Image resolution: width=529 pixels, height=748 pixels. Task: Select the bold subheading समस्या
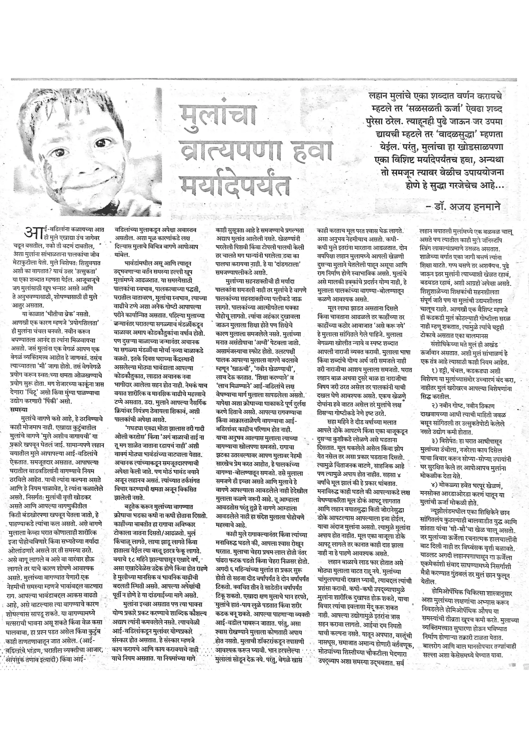(19, 409)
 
